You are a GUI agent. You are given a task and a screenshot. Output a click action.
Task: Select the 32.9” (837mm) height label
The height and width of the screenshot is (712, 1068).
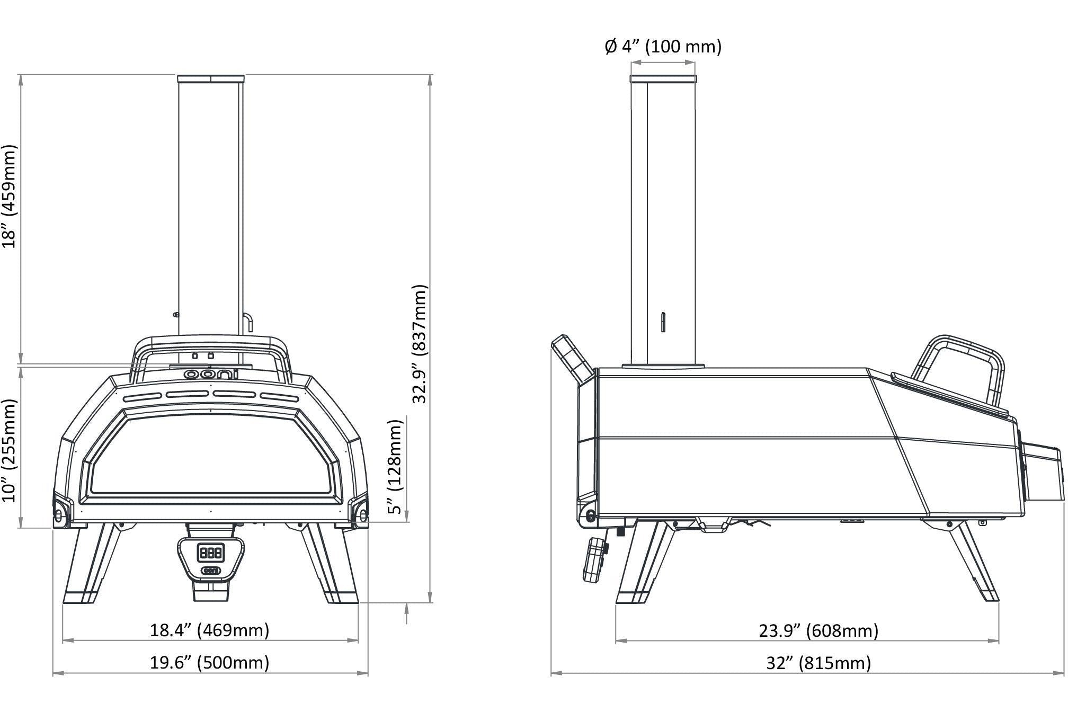[420, 344]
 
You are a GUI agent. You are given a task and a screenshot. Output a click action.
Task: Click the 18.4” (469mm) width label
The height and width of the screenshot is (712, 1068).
[210, 630]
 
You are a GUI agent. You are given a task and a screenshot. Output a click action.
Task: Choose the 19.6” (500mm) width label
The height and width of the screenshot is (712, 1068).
[210, 663]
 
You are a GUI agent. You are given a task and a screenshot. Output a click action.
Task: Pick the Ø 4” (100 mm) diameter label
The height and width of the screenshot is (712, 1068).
[663, 47]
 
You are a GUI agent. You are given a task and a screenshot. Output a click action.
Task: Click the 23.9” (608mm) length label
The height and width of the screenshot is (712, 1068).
[818, 630]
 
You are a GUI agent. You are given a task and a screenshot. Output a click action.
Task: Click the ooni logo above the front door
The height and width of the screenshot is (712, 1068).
[211, 375]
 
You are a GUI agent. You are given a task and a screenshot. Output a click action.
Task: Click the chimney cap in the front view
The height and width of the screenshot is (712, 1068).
[211, 79]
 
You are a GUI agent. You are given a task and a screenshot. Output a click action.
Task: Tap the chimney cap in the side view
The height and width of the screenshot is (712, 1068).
[663, 79]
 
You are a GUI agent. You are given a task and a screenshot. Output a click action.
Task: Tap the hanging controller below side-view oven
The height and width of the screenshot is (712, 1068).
[595, 559]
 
